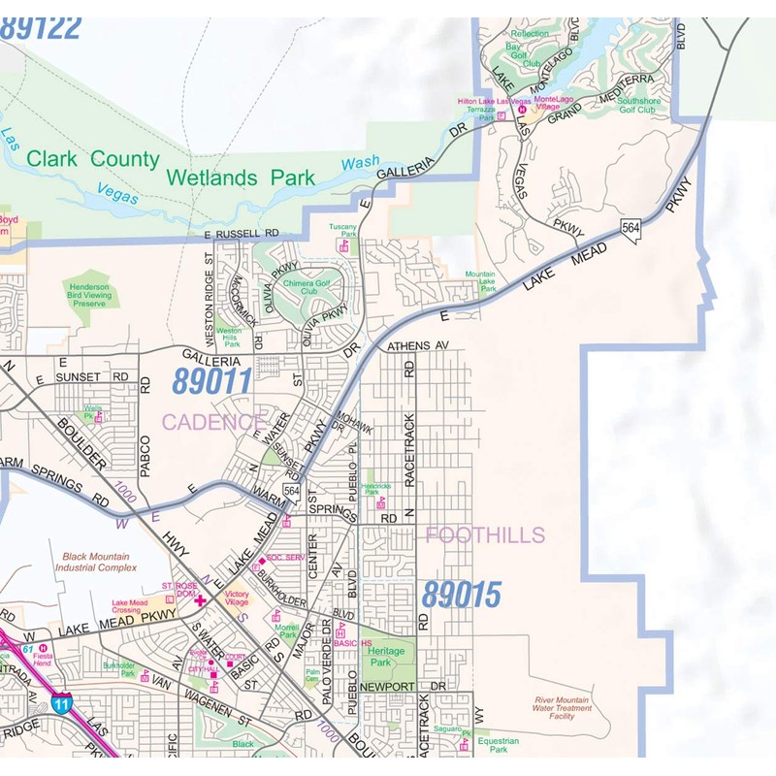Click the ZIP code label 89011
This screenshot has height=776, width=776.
(211, 381)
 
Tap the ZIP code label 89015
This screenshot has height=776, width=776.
(461, 594)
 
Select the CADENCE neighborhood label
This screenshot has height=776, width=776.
(212, 422)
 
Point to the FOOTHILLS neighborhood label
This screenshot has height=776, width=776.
(485, 534)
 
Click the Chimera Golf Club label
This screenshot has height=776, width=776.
(308, 286)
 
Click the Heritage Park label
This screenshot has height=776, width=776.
(390, 657)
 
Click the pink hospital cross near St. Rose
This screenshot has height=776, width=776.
(201, 600)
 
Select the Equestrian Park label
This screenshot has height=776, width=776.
(498, 745)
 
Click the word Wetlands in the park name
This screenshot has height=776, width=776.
(211, 178)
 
